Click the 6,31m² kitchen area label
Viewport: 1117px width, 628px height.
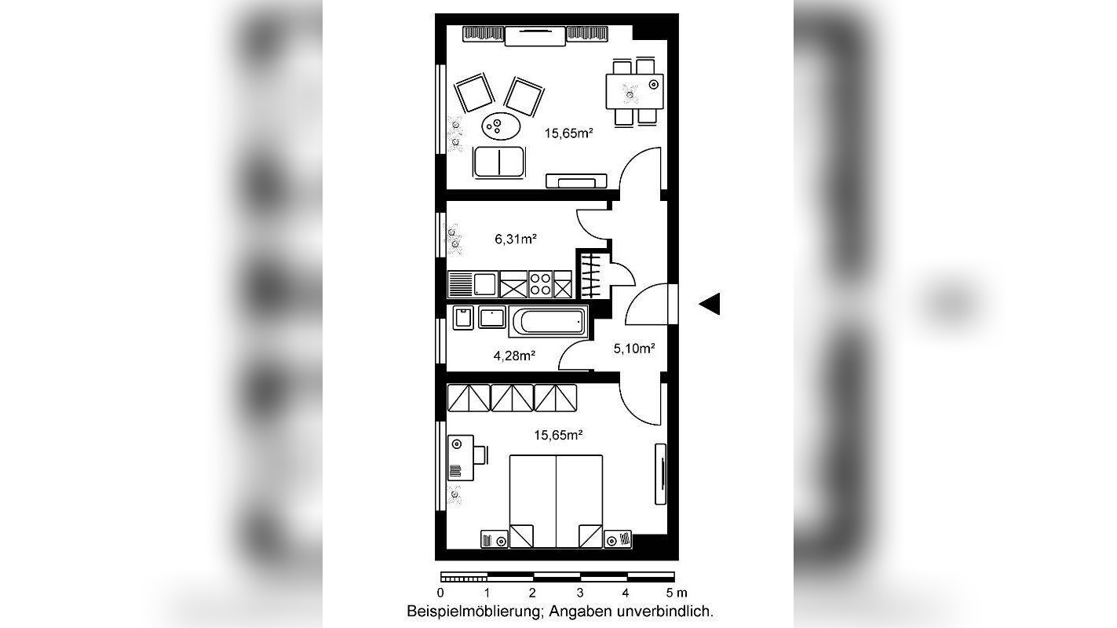(x=515, y=239)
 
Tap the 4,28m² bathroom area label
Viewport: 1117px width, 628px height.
(x=514, y=356)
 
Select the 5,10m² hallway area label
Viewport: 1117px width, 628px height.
(x=633, y=349)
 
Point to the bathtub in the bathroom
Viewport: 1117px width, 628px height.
(x=548, y=322)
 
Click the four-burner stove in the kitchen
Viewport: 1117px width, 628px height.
(x=540, y=284)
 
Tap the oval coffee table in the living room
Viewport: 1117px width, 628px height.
(x=501, y=126)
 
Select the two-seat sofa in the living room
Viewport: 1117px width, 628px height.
(x=499, y=162)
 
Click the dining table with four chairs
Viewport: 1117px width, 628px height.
(x=634, y=92)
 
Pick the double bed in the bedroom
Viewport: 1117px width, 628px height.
(x=556, y=501)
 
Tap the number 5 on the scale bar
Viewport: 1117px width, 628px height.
(x=670, y=593)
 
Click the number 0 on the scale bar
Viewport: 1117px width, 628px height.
(x=440, y=593)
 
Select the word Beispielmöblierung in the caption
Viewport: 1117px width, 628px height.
(x=474, y=612)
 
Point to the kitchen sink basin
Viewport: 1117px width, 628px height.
(x=484, y=284)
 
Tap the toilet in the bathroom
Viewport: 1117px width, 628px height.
(x=463, y=318)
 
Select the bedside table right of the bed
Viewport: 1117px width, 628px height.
(x=618, y=539)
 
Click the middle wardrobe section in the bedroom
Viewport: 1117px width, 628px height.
(x=512, y=397)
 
